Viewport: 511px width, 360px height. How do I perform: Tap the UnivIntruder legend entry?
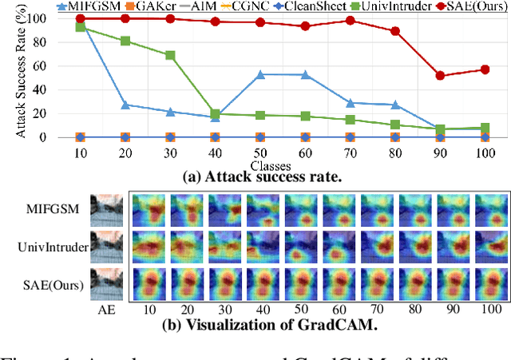click(x=393, y=6)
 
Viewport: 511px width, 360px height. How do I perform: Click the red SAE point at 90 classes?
click(x=440, y=76)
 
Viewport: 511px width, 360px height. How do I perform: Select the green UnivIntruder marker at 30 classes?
click(x=170, y=56)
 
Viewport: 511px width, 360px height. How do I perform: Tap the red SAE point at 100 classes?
click(x=485, y=69)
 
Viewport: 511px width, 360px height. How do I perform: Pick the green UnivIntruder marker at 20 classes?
click(x=125, y=41)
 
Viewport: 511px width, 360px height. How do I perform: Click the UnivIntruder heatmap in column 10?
click(x=149, y=247)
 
